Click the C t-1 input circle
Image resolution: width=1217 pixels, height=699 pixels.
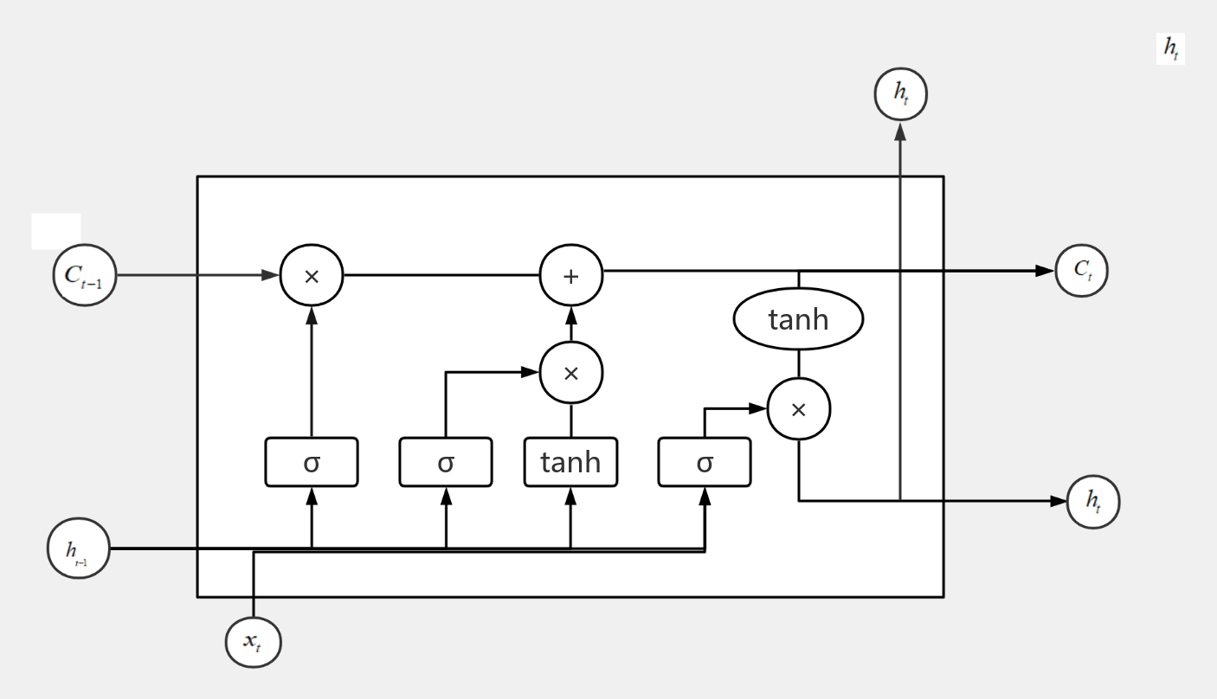(84, 275)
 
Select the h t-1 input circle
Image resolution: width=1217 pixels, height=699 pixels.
(78, 548)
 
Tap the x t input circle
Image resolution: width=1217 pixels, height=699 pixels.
(253, 642)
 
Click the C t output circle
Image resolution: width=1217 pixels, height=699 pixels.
(1081, 270)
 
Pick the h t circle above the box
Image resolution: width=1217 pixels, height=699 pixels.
(900, 95)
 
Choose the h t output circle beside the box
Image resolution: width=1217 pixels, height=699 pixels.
(1093, 501)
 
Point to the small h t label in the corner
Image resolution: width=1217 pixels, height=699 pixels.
(1170, 50)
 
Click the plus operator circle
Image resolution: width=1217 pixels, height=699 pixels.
(570, 276)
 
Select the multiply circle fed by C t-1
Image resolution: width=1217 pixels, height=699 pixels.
(312, 276)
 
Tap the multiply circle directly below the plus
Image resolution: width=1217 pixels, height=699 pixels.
(570, 374)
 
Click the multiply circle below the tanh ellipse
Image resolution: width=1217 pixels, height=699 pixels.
(798, 409)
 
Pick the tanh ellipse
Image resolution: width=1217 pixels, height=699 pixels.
(798, 320)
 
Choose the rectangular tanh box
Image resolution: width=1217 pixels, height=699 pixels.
(570, 462)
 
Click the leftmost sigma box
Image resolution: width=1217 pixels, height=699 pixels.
(312, 462)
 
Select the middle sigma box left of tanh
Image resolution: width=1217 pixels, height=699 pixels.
(446, 462)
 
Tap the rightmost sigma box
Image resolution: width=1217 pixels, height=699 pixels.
(705, 462)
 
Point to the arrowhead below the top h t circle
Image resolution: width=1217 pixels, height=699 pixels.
(900, 131)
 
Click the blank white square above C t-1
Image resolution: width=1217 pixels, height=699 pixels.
(56, 231)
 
